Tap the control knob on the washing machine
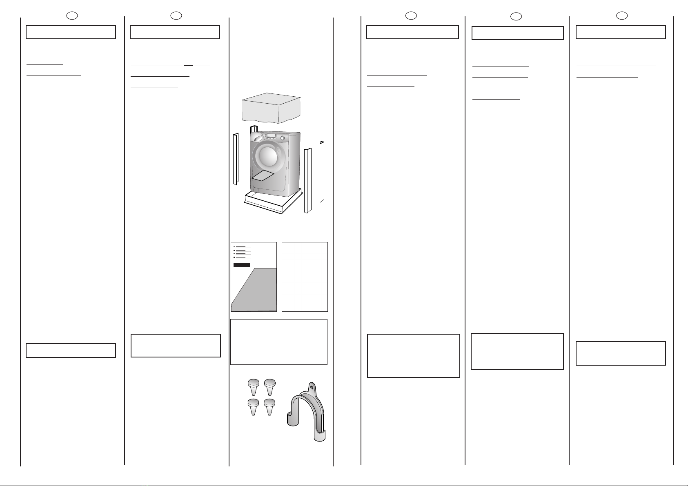[282, 138]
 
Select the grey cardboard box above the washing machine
[271, 107]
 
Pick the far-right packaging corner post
[322, 171]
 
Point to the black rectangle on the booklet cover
[242, 265]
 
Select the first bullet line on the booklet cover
[243, 247]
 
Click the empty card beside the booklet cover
[305, 277]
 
